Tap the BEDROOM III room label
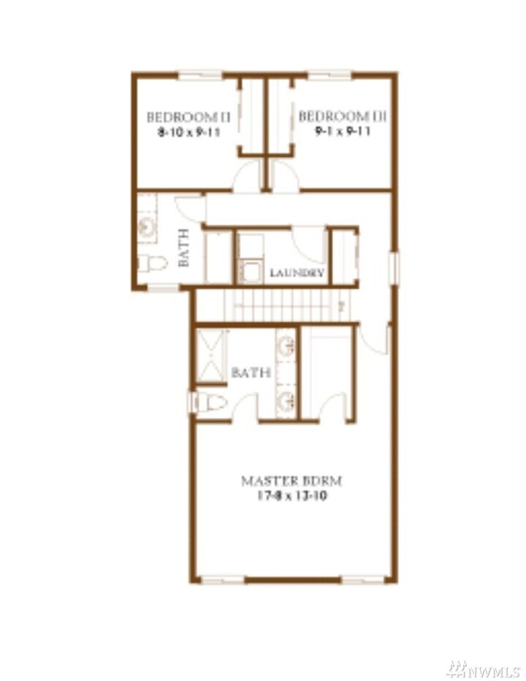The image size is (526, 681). [x=343, y=117]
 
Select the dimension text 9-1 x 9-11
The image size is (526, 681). [x=343, y=133]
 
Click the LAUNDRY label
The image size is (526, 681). [x=297, y=273]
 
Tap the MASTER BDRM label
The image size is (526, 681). [x=292, y=481]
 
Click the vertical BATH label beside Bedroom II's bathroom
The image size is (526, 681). [x=184, y=247]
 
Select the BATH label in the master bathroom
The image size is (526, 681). [x=251, y=373]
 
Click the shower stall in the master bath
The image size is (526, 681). [x=212, y=356]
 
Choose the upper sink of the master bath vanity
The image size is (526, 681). [x=286, y=346]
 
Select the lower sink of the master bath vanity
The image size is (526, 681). [x=286, y=400]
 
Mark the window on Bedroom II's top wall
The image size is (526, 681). [x=199, y=74]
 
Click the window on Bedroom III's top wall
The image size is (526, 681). [x=329, y=74]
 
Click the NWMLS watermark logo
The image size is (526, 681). [x=484, y=669]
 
